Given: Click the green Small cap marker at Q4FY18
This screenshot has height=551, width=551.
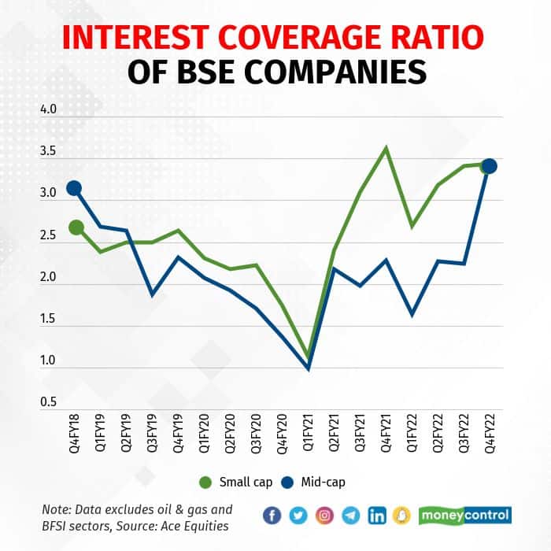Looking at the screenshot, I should (76, 227).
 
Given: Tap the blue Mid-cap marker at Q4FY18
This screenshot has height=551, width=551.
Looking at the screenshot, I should (75, 187).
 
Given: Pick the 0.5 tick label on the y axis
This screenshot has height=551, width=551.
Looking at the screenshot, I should (49, 402).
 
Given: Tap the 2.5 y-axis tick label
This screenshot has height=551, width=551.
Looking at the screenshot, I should (49, 235).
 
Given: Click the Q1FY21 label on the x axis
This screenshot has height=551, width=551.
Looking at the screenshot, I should (307, 438).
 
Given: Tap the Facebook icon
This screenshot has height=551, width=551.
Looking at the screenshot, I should (272, 516).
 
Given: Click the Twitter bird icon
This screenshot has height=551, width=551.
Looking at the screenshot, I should (298, 516).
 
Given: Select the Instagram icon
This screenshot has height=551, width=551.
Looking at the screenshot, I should (324, 516).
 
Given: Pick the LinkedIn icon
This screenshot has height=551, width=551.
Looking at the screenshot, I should (377, 516).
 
